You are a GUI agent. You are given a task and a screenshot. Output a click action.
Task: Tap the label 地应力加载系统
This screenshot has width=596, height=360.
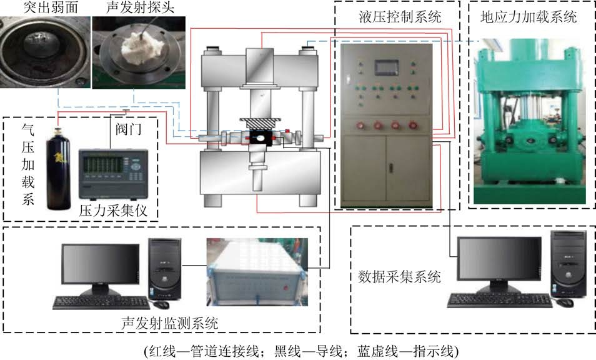[x=528, y=16]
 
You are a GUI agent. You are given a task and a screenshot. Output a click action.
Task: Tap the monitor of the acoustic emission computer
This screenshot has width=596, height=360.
[x=101, y=266]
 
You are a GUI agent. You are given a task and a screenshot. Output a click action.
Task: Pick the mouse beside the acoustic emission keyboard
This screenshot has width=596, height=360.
[x=163, y=304]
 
